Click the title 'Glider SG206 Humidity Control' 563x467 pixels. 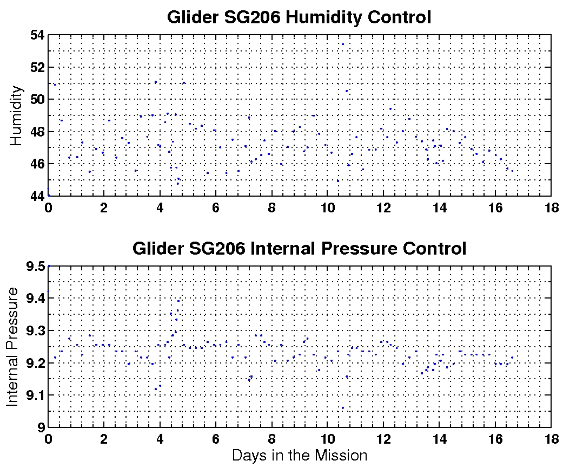299,17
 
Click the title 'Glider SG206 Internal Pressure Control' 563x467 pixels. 299,249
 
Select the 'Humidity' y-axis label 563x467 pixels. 17,115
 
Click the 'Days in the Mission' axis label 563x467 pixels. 299,456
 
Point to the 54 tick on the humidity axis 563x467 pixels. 37,35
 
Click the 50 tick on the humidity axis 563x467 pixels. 37,100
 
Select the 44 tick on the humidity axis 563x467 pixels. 37,196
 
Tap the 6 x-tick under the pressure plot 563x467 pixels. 216,438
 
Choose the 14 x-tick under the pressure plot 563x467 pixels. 439,438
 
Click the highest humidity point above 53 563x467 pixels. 342,44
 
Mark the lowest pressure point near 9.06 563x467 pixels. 342,408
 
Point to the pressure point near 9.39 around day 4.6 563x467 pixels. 178,301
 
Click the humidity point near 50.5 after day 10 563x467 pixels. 347,91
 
